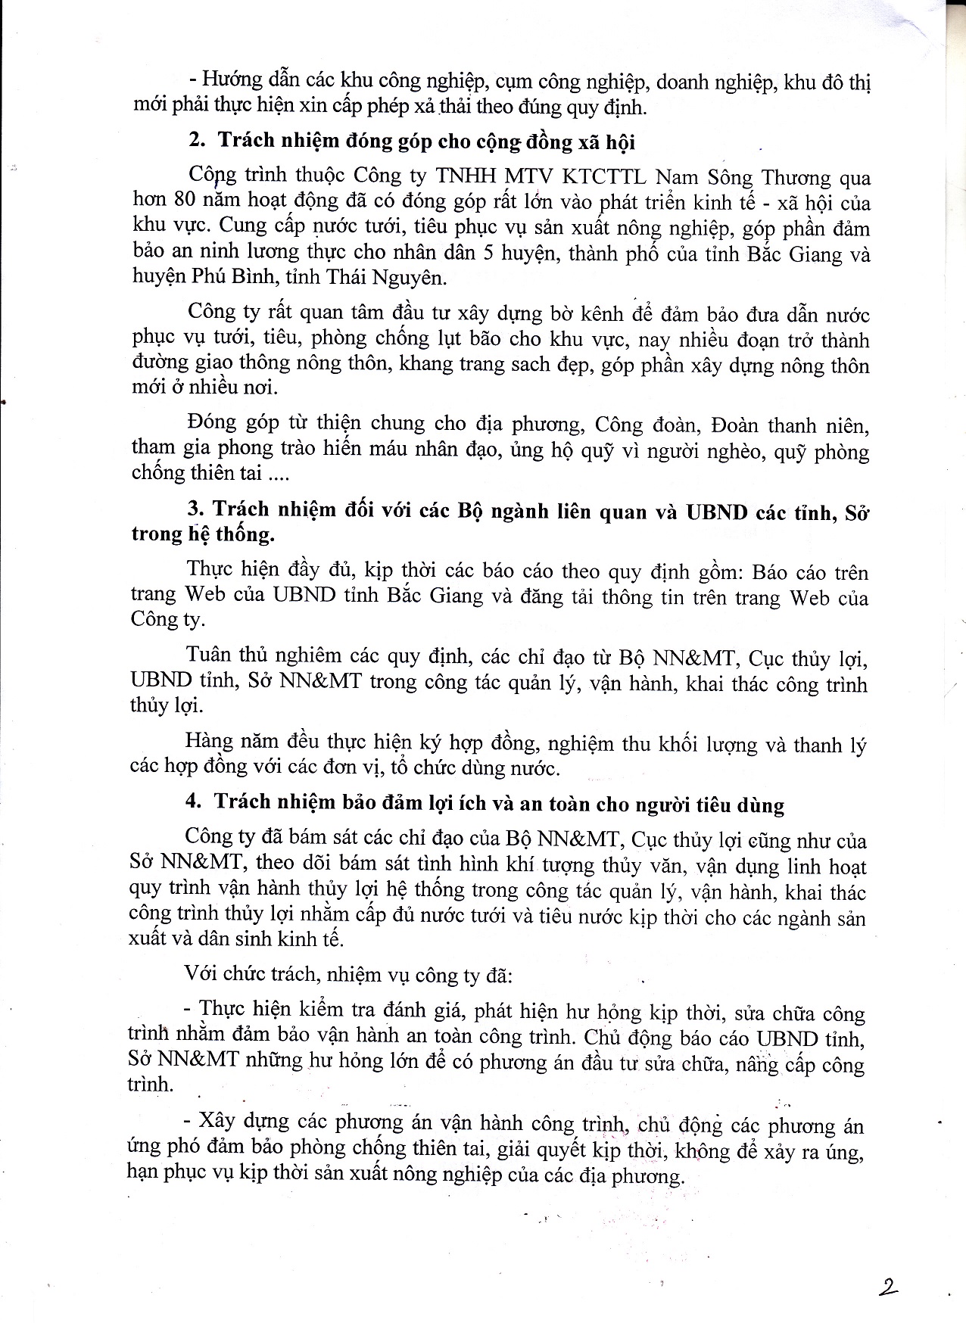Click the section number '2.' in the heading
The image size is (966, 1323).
[x=197, y=141]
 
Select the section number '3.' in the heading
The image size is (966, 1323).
[x=195, y=509]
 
